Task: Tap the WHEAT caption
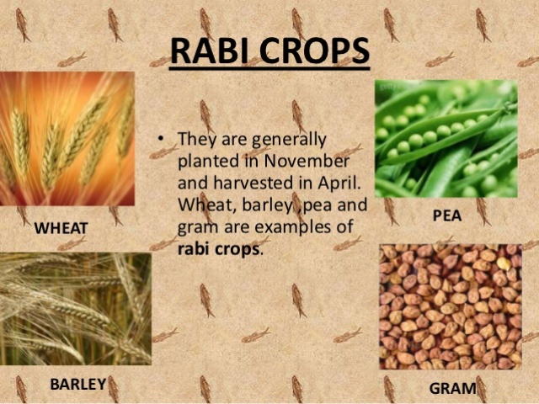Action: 61,227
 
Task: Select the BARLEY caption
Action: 77,385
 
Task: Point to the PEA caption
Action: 446,215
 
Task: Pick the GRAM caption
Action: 453,388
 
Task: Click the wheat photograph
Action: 67,139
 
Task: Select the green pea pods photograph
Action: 446,139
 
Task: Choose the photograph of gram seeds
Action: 450,306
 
